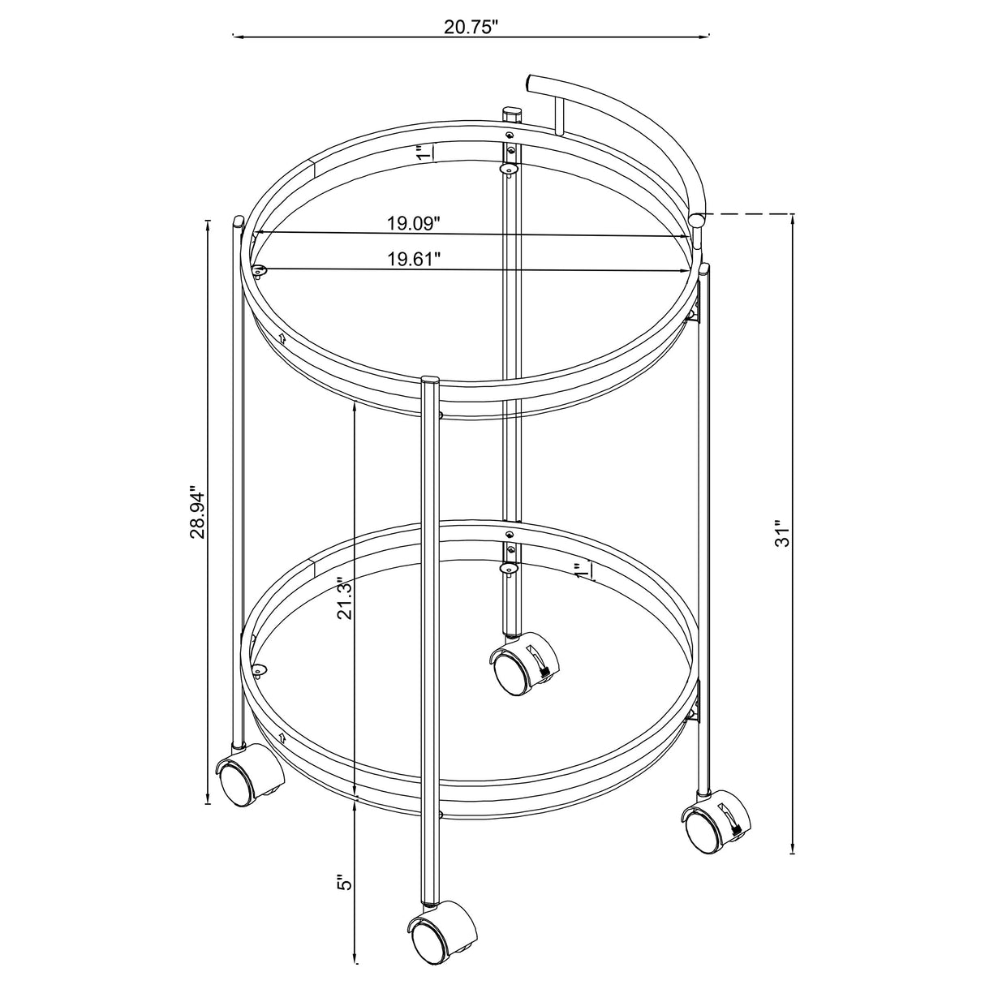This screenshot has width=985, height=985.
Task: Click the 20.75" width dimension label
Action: [x=471, y=26]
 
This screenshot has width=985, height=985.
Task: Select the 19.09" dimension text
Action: [x=413, y=222]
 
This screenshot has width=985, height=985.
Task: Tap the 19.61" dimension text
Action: [x=413, y=259]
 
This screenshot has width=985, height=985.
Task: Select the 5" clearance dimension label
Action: [x=345, y=883]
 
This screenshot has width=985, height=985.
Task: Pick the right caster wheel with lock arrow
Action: [x=712, y=826]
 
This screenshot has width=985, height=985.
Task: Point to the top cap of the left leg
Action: [x=238, y=221]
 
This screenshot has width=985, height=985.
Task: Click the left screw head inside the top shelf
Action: [x=259, y=271]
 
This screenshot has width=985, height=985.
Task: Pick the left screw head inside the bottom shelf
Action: [x=259, y=669]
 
